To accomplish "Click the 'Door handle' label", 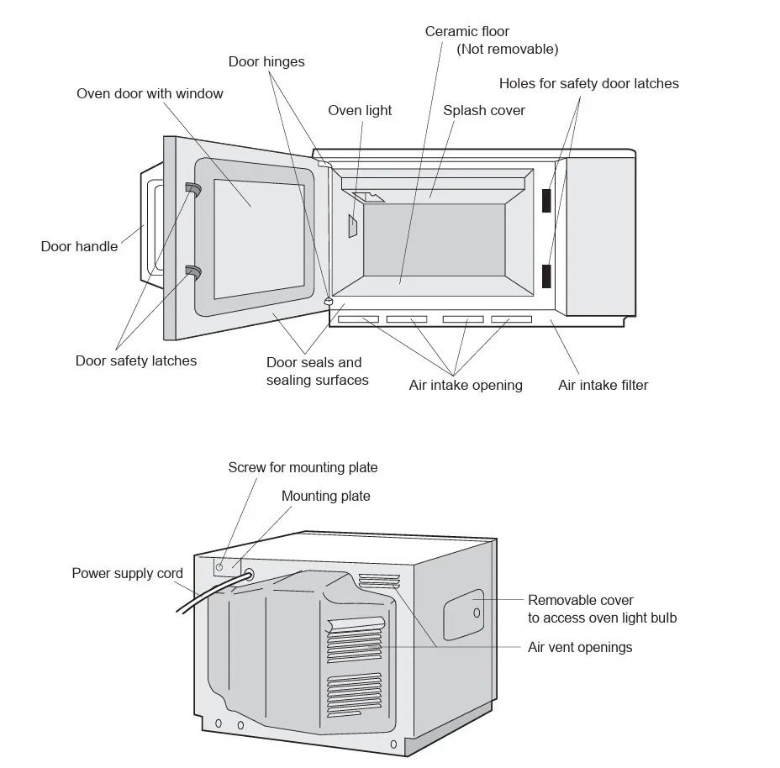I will pos(79,247).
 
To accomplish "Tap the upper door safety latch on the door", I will pos(193,190).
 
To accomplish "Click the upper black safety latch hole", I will pos(546,200).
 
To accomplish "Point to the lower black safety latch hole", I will pos(546,276).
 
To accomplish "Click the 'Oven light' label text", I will pos(360,111).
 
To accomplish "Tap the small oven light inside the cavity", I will pos(354,225).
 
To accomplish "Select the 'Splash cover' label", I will pos(484,111).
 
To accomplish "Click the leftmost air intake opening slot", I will pos(358,319).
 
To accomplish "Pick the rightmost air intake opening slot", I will pos(511,319).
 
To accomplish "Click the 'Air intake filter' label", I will pos(603,386).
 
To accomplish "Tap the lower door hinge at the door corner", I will pos(329,300).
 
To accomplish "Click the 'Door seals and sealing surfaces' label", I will pos(317,371).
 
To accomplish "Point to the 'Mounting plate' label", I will pos(325,496).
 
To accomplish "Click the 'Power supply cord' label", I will pos(127,574).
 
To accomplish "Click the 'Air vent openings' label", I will pos(580,648).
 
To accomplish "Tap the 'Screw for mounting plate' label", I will pos(303,467).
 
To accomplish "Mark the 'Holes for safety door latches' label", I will pos(588,84).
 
